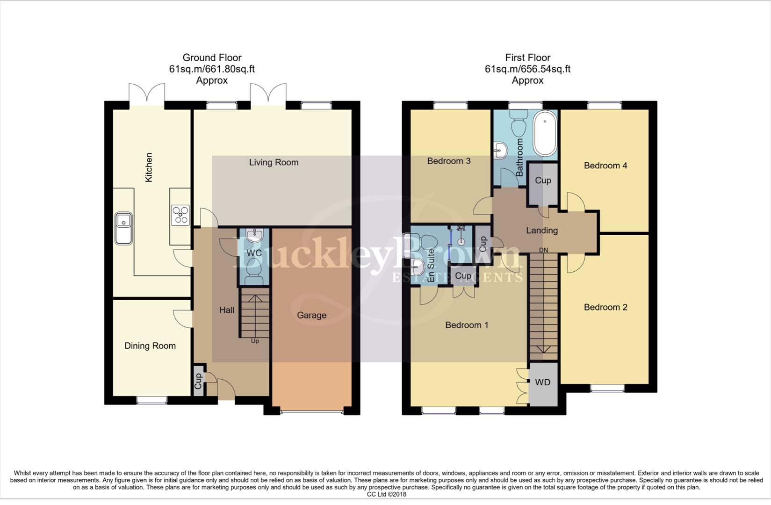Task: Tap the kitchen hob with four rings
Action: [180, 215]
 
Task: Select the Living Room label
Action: [274, 162]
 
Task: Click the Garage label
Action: [311, 315]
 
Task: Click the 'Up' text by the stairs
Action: [255, 341]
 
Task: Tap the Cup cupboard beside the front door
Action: [198, 381]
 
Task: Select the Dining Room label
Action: [150, 346]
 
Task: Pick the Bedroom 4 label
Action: [605, 166]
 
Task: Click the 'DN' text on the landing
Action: [543, 250]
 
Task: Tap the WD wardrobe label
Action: [542, 382]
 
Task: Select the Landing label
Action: [542, 230]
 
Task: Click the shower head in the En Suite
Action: [461, 229]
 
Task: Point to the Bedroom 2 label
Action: [605, 307]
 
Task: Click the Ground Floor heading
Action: [212, 58]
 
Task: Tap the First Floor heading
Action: [527, 58]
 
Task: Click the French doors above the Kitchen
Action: [147, 94]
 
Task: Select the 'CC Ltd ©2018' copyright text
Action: [386, 494]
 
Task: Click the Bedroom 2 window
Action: [606, 388]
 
